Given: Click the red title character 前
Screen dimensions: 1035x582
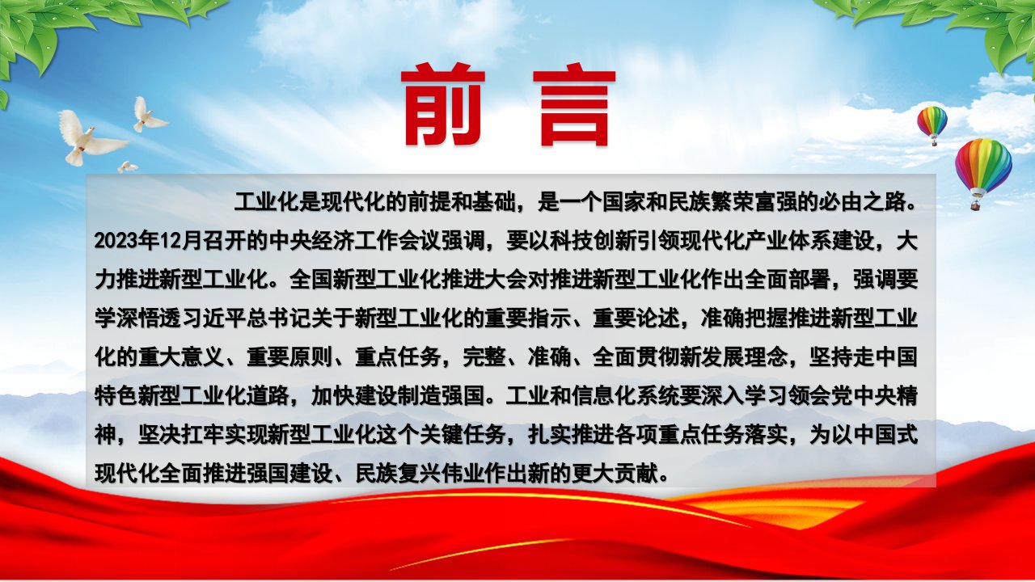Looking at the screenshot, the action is [443, 104].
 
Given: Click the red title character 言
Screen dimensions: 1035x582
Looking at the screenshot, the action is [574, 107].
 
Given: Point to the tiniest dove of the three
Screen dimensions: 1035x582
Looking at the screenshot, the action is [128, 167].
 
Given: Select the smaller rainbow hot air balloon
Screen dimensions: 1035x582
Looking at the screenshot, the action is [932, 125].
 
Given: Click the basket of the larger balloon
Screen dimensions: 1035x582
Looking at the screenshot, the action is [975, 205].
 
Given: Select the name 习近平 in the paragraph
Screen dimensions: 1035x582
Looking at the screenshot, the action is [213, 318].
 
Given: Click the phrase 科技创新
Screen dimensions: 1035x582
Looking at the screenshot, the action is [593, 241].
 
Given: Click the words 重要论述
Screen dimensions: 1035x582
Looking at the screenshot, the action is [636, 318].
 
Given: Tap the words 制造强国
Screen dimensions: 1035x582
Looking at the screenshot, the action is [441, 396].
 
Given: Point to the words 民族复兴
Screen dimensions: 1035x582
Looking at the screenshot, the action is [398, 474].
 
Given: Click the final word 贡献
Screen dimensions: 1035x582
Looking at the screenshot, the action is [636, 474].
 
